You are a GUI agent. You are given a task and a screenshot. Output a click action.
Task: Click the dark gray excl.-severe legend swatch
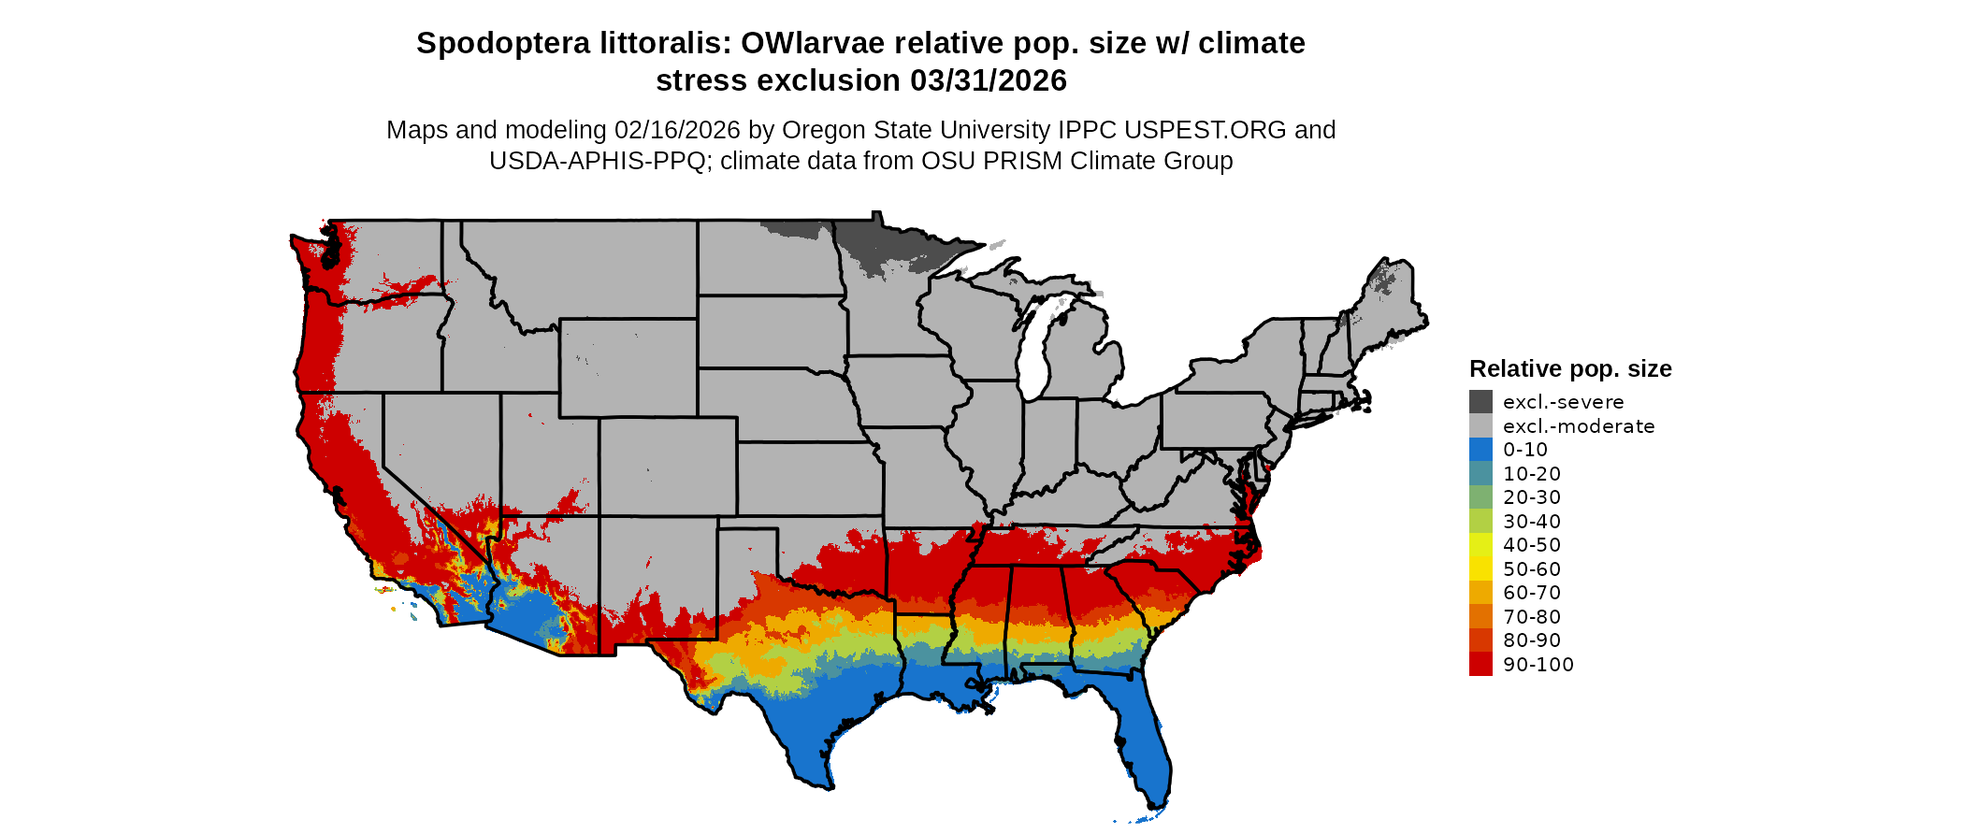(x=1480, y=402)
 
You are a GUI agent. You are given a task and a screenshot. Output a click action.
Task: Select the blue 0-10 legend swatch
(x=1480, y=450)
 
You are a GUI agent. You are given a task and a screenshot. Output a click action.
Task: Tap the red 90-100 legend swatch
(x=1480, y=665)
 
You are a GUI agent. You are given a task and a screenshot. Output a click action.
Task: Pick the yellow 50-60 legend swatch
(x=1480, y=569)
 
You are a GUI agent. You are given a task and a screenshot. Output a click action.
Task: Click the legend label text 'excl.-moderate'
(x=1579, y=426)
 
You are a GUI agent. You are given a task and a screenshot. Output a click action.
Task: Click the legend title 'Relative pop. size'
(x=1570, y=369)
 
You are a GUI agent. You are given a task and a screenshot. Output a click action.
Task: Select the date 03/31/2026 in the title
(x=989, y=81)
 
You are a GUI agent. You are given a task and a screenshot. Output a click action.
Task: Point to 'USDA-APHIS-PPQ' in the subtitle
(x=598, y=161)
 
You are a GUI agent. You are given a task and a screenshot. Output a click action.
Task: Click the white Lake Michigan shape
(x=1033, y=355)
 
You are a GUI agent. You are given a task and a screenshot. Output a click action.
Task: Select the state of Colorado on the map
(x=668, y=467)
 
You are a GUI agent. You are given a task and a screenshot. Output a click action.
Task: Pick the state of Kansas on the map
(x=809, y=478)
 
